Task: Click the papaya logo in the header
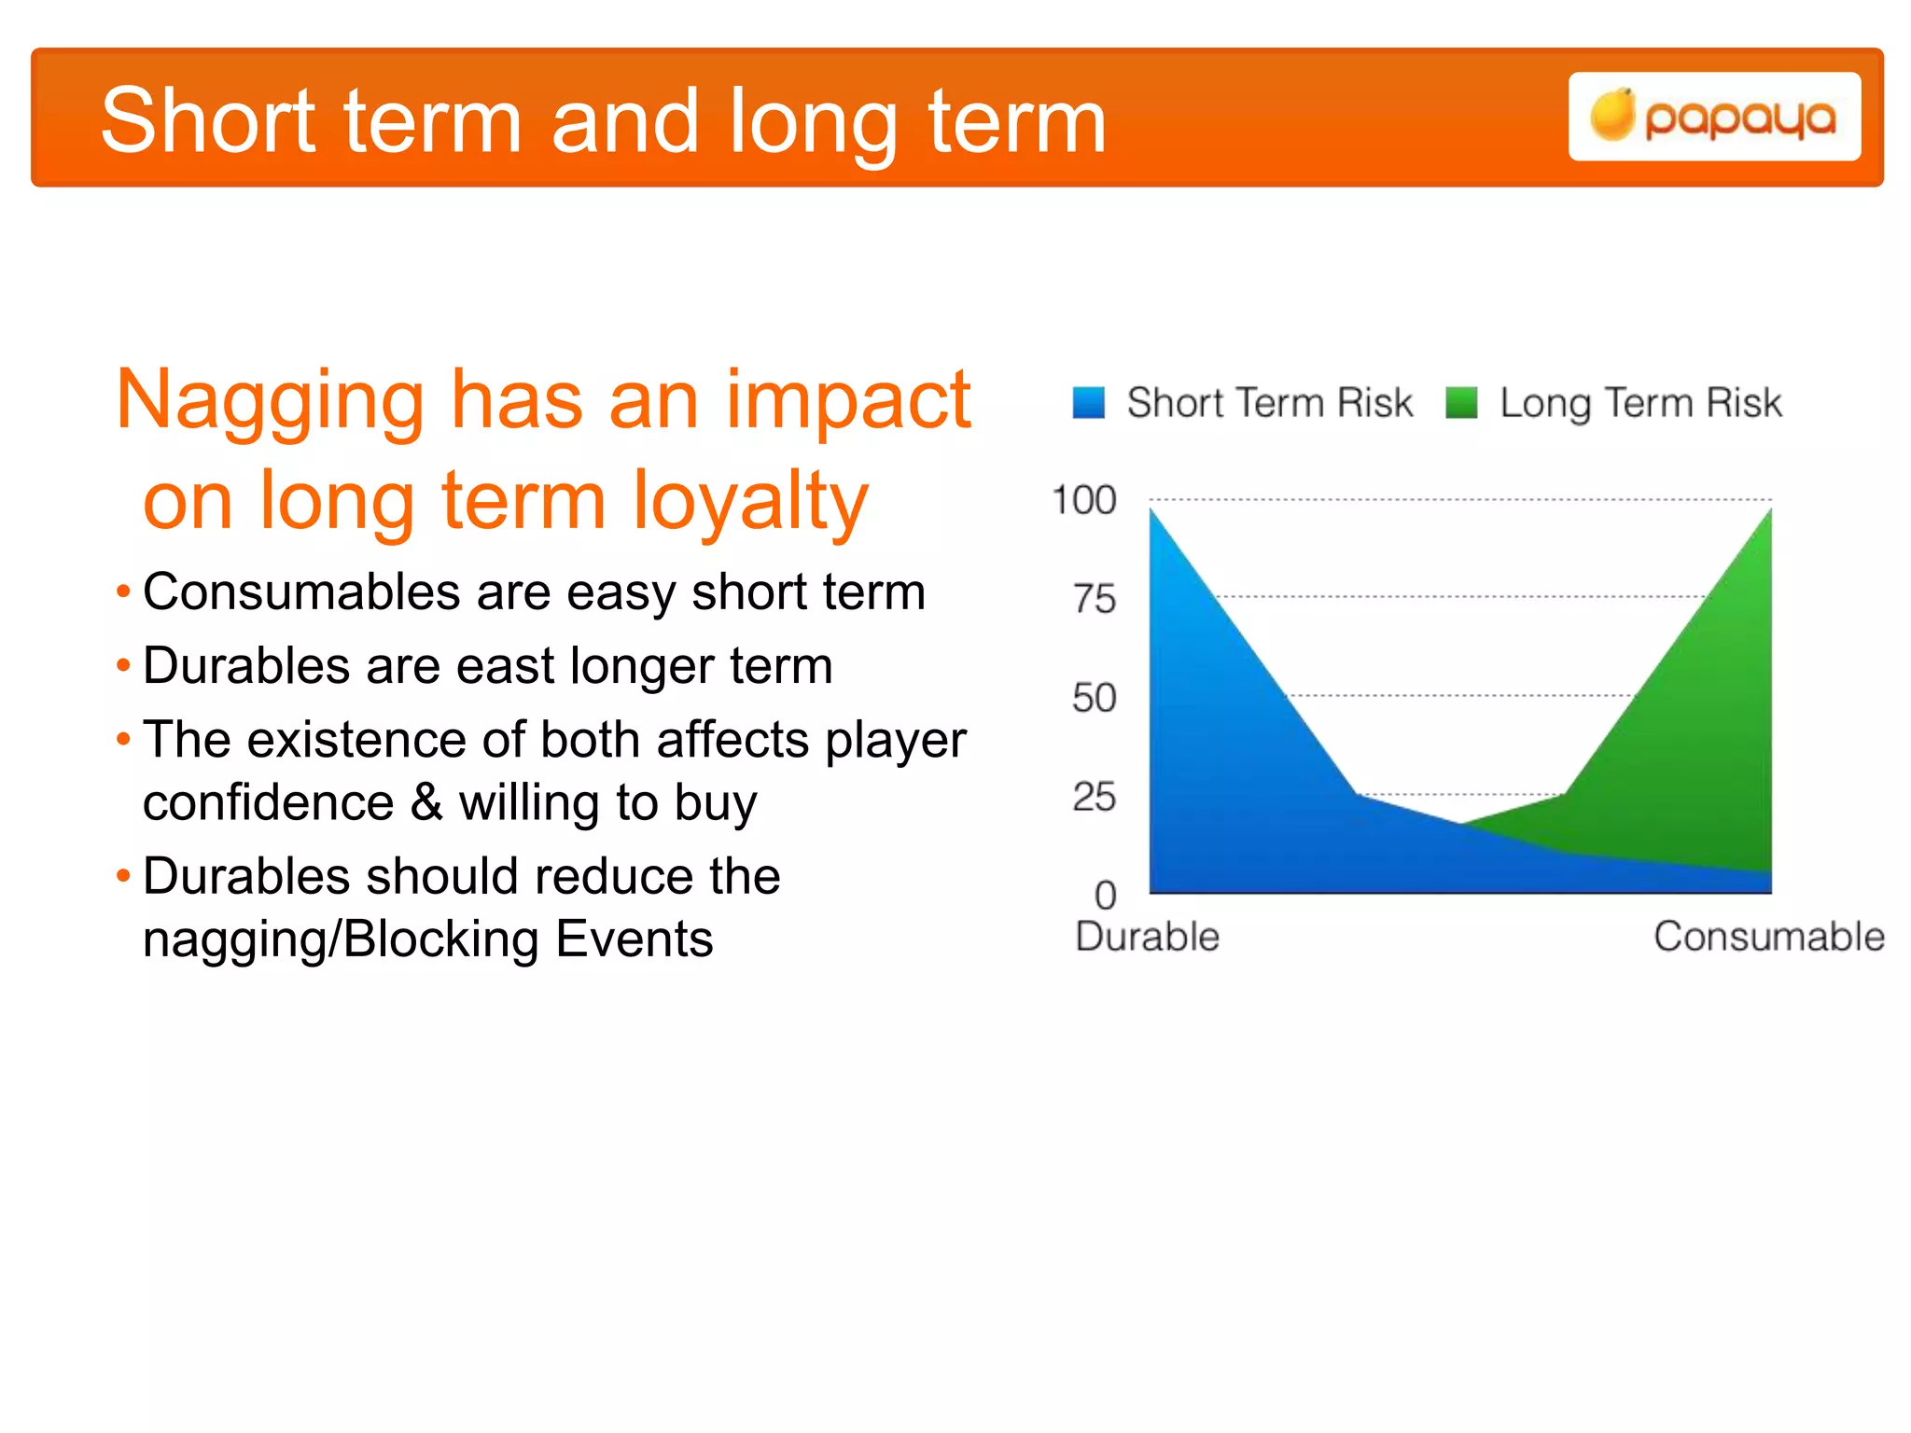coord(1714,117)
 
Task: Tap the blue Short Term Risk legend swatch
coord(1088,403)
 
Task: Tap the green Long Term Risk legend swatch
coord(1461,403)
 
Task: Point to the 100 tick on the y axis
coord(1083,501)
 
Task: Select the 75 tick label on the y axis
coord(1094,599)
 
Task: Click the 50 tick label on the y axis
coord(1094,698)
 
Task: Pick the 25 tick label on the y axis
coord(1094,797)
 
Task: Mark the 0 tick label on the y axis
coord(1105,896)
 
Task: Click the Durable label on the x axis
coord(1147,937)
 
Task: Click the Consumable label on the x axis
coord(1768,937)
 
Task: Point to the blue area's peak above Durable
coord(1152,511)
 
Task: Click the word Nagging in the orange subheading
coord(270,401)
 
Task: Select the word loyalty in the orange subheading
coord(750,502)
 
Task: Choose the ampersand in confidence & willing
coord(426,801)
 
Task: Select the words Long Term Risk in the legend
coord(1639,403)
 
